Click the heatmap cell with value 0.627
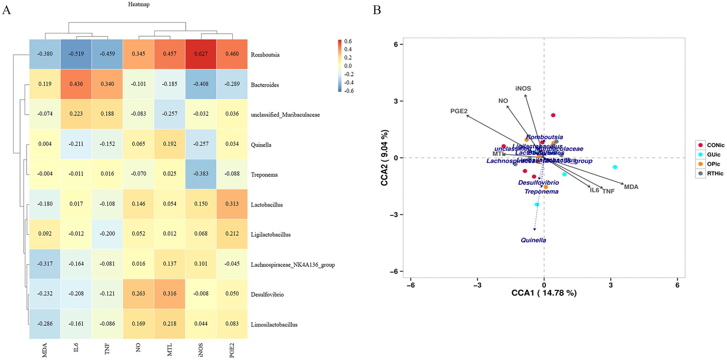[201, 54]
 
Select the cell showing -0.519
[76, 54]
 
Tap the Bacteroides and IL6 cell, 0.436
[76, 84]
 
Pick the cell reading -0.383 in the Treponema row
[201, 174]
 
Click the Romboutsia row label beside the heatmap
[265, 55]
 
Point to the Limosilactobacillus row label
[274, 324]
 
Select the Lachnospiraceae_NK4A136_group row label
[293, 264]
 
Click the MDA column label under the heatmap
[45, 350]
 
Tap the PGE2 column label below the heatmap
[232, 350]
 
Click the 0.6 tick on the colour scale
[348, 41]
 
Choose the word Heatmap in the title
[139, 5]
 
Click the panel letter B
[377, 10]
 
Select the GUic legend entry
[713, 155]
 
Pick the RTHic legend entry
[715, 174]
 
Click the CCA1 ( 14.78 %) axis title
[544, 293]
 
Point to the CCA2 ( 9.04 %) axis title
[384, 158]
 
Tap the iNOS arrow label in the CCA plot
[523, 89]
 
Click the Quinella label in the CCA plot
[533, 240]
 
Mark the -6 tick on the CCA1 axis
[411, 285]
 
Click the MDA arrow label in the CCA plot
[631, 187]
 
